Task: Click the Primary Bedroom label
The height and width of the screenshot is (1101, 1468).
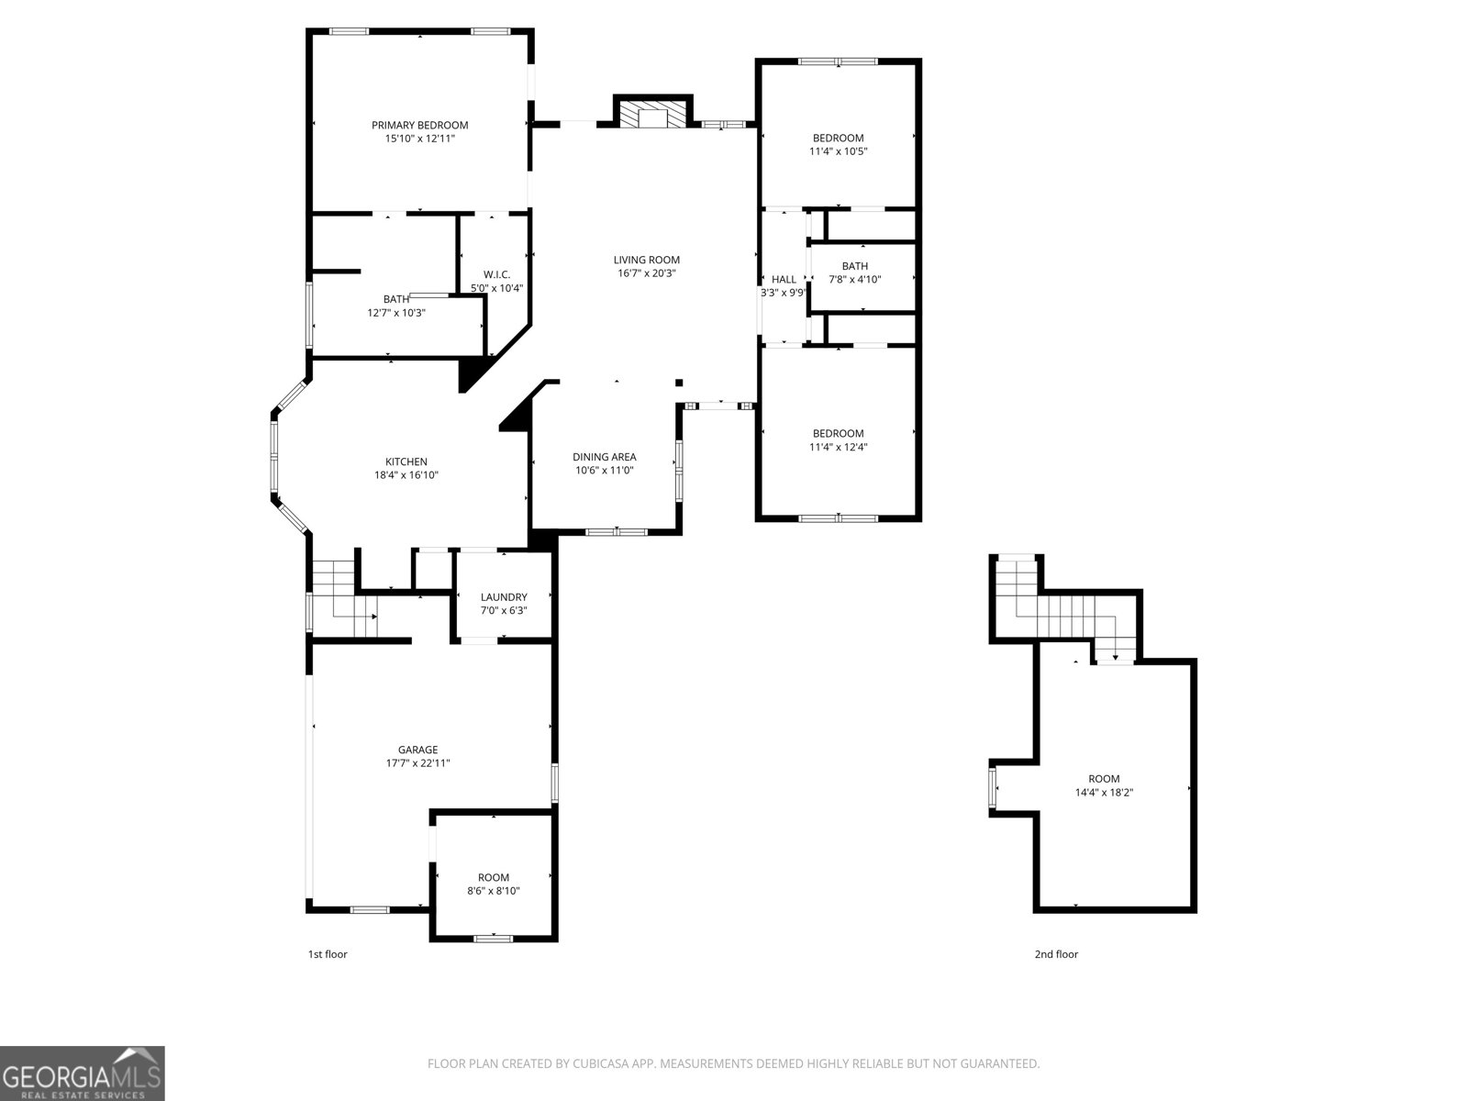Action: click(x=419, y=126)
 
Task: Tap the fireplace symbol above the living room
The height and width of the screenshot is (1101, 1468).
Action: click(x=652, y=115)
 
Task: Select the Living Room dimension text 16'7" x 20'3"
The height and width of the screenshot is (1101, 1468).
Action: click(x=646, y=273)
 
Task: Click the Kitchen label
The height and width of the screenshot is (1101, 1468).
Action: click(x=406, y=462)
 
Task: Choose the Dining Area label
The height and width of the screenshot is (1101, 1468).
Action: click(x=604, y=457)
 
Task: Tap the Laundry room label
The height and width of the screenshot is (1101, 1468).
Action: click(x=504, y=597)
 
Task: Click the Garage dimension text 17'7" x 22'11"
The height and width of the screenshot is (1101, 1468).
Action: click(x=417, y=763)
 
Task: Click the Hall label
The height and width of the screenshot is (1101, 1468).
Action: click(x=784, y=280)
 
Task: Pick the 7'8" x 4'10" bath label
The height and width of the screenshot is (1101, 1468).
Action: click(x=854, y=267)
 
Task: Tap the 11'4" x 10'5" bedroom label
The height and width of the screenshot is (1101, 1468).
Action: click(x=838, y=139)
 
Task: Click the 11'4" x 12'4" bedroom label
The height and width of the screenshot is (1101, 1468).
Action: click(x=838, y=434)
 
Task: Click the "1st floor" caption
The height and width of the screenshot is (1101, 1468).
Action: click(x=328, y=954)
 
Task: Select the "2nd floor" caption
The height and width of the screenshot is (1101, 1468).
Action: click(x=1056, y=954)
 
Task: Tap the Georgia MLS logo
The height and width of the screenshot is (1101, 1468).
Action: click(x=82, y=1073)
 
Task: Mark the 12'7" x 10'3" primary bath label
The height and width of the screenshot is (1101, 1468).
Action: click(x=396, y=300)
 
